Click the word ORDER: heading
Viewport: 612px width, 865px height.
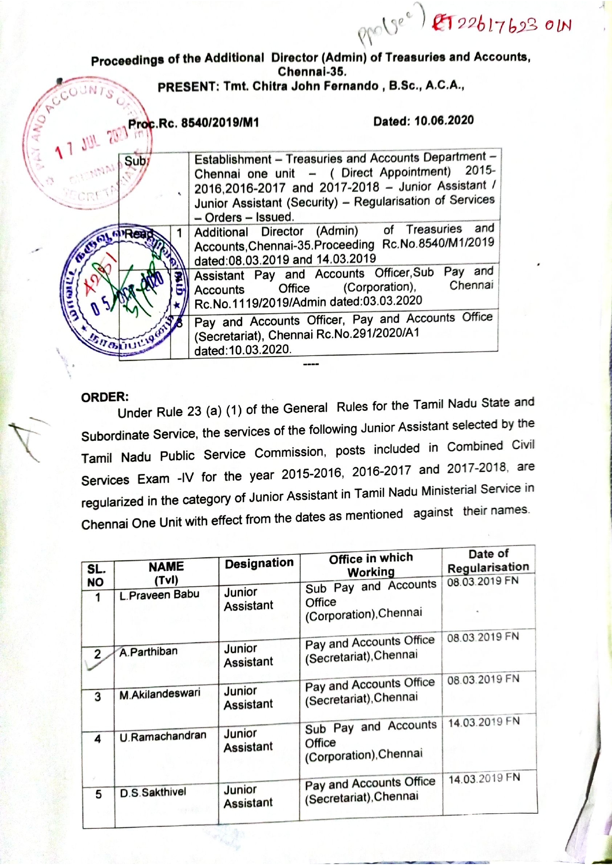coord(105,397)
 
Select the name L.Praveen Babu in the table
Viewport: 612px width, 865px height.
coord(159,595)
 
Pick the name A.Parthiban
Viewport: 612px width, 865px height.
coord(148,652)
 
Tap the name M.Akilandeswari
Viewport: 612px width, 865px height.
coord(160,694)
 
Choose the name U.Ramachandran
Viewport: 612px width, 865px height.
coord(163,736)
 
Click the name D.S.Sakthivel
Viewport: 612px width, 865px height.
coord(153,793)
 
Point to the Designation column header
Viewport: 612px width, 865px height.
coord(259,563)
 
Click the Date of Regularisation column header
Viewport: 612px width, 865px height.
coord(488,561)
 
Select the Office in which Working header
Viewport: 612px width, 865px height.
coord(371,565)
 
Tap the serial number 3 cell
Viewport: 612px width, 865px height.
coord(98,697)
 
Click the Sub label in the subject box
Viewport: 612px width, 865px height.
coord(134,161)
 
